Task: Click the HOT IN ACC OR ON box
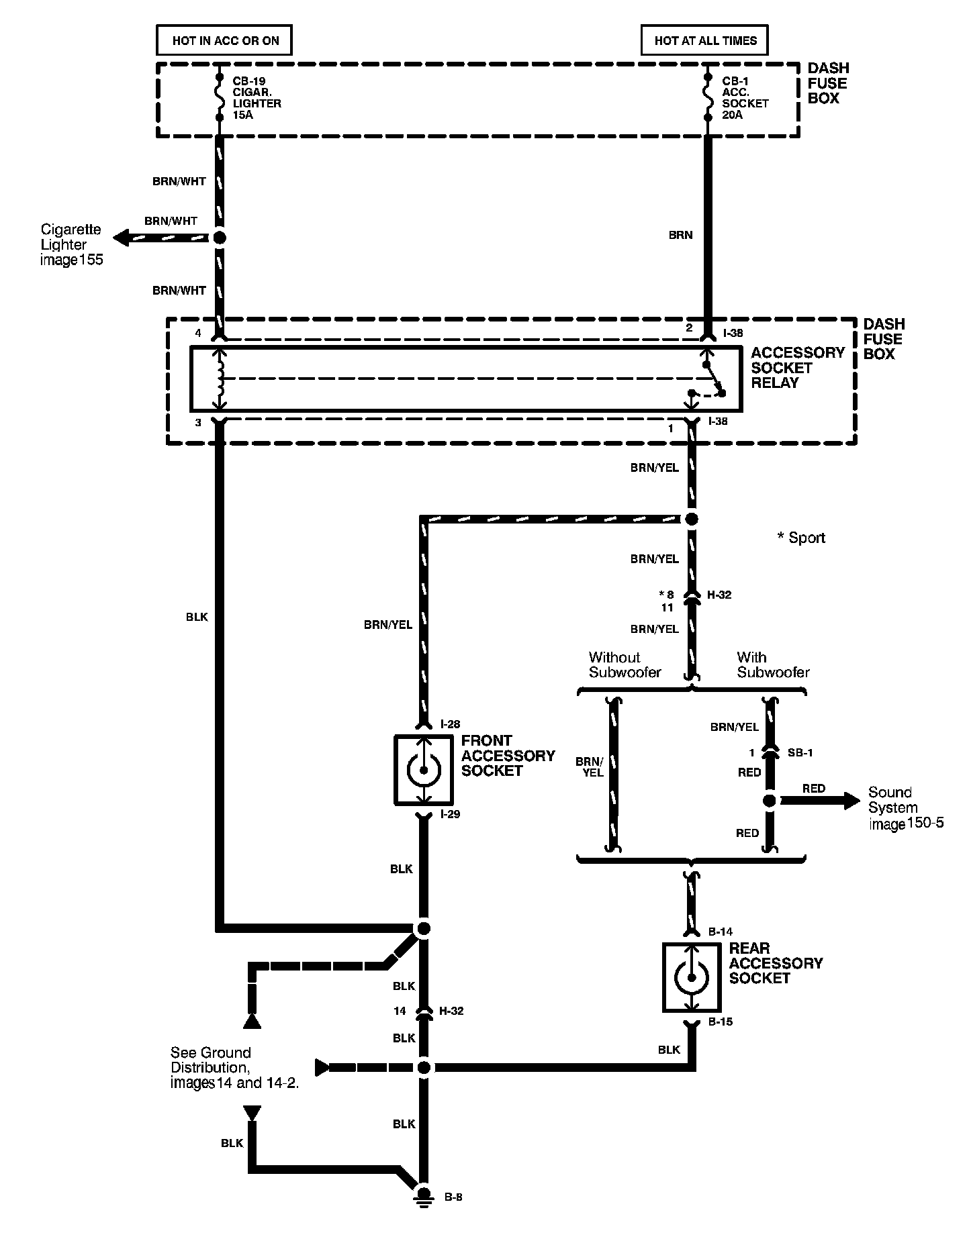(225, 40)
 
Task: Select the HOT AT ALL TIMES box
(705, 40)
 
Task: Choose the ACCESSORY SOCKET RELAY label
(797, 368)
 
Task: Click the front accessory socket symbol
(423, 770)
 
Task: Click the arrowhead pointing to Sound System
(851, 800)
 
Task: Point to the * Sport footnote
(801, 538)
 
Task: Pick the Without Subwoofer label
(625, 664)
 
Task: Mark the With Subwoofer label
(773, 664)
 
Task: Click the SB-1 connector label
(800, 753)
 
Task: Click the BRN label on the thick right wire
(680, 235)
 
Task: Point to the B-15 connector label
(721, 1022)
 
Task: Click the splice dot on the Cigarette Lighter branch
(219, 237)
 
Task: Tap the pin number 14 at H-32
(400, 1011)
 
